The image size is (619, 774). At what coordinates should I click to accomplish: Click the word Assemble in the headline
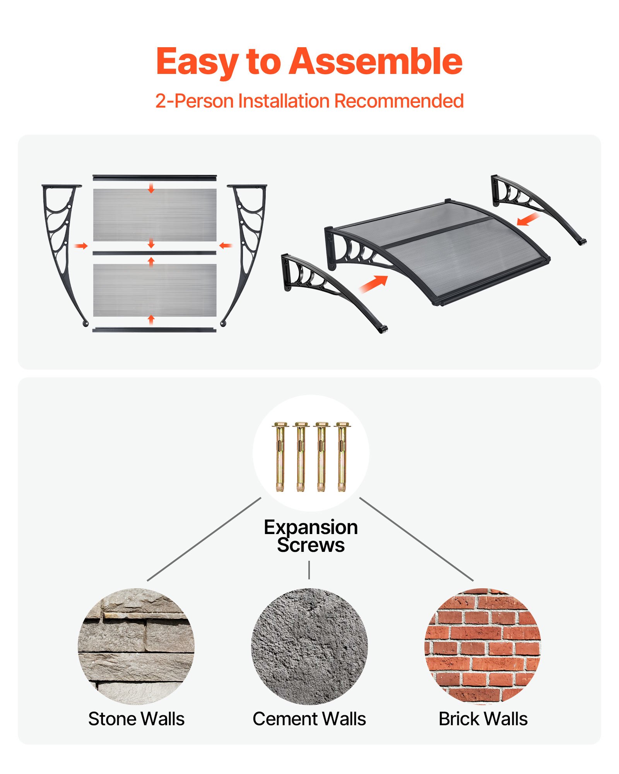coord(375,62)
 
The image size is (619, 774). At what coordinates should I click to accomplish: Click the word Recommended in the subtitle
coord(398,101)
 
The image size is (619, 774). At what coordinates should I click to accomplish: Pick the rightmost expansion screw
coord(342,457)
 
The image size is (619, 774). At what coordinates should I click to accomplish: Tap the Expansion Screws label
coord(311,536)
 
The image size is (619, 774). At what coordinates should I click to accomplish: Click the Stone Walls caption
coord(136,719)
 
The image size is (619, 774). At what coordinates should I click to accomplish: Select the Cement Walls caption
coord(309,719)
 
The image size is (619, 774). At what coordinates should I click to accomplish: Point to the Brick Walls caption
coord(483,719)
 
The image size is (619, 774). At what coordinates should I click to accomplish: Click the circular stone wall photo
coord(136,646)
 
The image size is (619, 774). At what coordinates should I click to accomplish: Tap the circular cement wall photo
coord(309,646)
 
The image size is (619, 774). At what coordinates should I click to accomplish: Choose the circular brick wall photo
coord(482,646)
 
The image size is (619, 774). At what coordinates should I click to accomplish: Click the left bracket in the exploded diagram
coord(62,240)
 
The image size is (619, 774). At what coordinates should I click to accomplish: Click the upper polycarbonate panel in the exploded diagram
coord(155,215)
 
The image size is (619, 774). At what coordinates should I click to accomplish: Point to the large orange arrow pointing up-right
coord(373,284)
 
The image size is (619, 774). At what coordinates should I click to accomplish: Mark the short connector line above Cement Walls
coord(309,570)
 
